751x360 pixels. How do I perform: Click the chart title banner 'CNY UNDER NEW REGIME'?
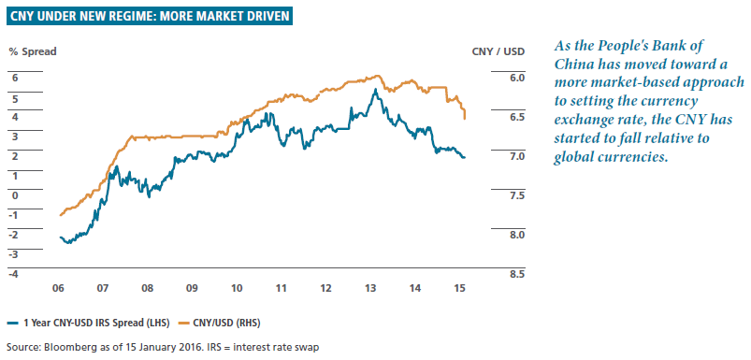[x=149, y=17]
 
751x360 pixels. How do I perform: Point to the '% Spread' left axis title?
[x=33, y=51]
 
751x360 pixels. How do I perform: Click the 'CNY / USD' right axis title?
[x=496, y=51]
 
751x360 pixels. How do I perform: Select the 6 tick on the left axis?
[x=14, y=78]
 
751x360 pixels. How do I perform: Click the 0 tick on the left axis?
[x=14, y=195]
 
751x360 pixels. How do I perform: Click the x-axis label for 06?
[x=58, y=288]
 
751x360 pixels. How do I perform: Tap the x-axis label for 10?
[x=236, y=288]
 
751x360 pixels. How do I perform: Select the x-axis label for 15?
[x=459, y=288]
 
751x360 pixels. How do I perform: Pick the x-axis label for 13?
[x=370, y=288]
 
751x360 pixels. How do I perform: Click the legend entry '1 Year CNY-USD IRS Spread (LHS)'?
[x=89, y=324]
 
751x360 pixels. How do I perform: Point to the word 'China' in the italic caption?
[x=570, y=64]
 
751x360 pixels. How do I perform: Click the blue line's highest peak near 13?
[x=376, y=89]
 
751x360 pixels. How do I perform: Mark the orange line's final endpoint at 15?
[x=465, y=119]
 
